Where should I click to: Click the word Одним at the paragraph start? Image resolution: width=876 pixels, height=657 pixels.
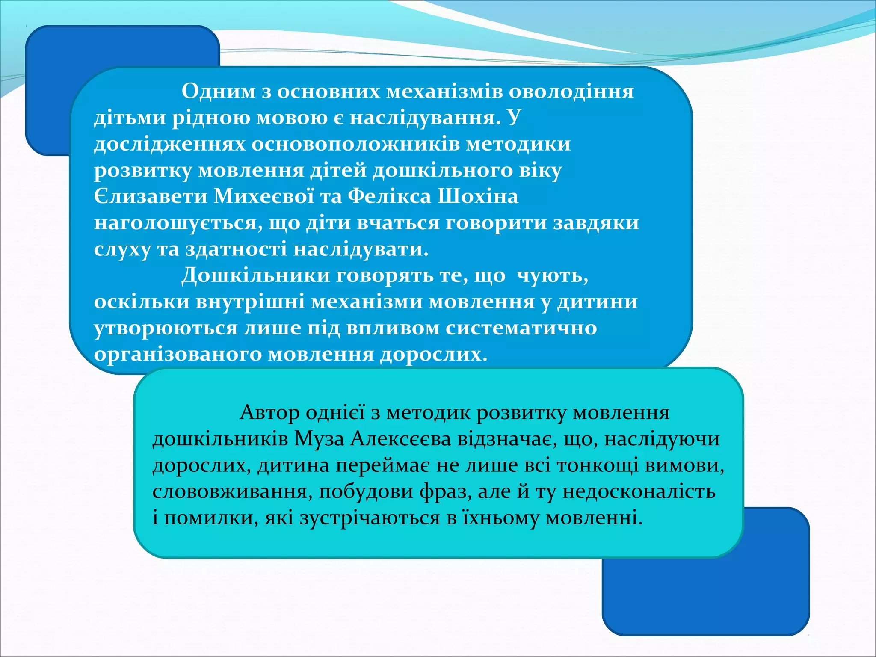218,91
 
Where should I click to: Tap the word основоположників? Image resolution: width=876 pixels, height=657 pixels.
355,144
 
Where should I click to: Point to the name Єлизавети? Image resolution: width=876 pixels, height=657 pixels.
151,197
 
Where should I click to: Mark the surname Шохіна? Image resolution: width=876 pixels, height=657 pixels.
478,197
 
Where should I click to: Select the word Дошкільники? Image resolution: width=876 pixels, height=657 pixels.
255,275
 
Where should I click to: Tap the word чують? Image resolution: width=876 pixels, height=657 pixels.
552,276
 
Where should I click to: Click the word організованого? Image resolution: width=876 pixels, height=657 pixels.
178,355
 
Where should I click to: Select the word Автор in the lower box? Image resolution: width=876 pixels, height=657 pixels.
269,413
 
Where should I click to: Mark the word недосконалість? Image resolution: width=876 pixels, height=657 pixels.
639,492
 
